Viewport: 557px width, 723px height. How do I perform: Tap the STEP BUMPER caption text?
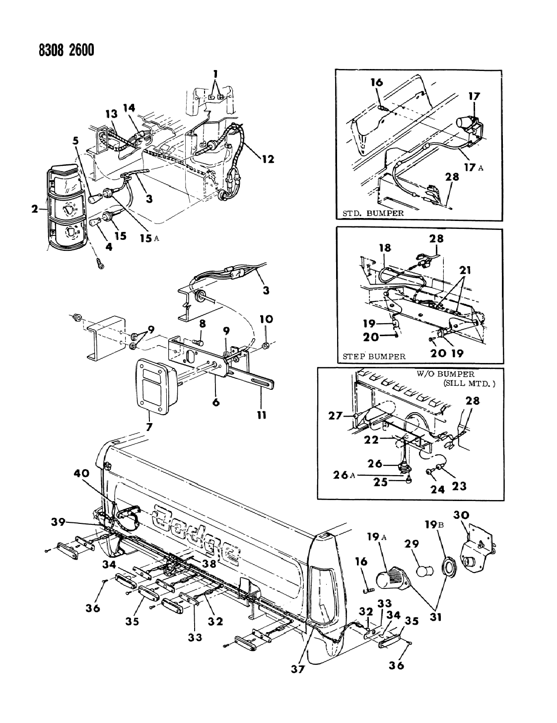(374, 356)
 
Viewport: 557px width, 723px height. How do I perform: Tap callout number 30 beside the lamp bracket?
(461, 515)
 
